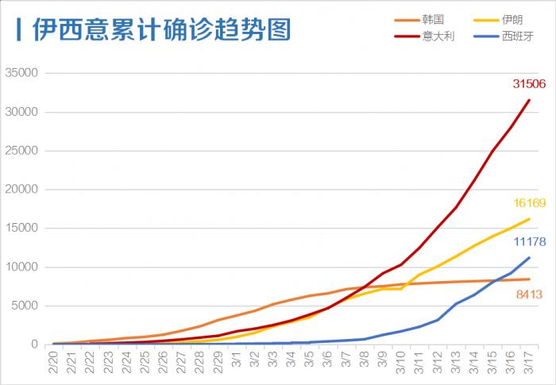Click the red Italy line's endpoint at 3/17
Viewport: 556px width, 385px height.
529,100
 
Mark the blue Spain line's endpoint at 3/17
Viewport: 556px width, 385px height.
529,257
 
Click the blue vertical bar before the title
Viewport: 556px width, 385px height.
19,31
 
